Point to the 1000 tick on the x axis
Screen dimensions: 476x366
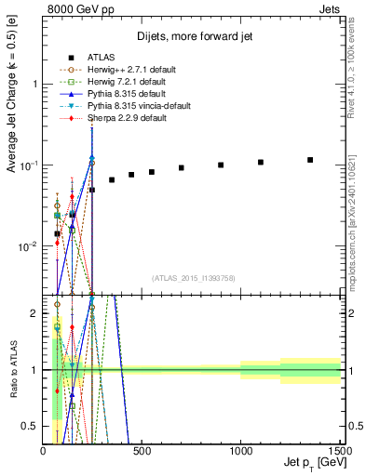(240, 450)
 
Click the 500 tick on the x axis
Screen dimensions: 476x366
(142, 450)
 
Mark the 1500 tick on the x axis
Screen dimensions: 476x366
(339, 450)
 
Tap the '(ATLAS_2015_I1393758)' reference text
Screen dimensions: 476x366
(193, 278)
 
